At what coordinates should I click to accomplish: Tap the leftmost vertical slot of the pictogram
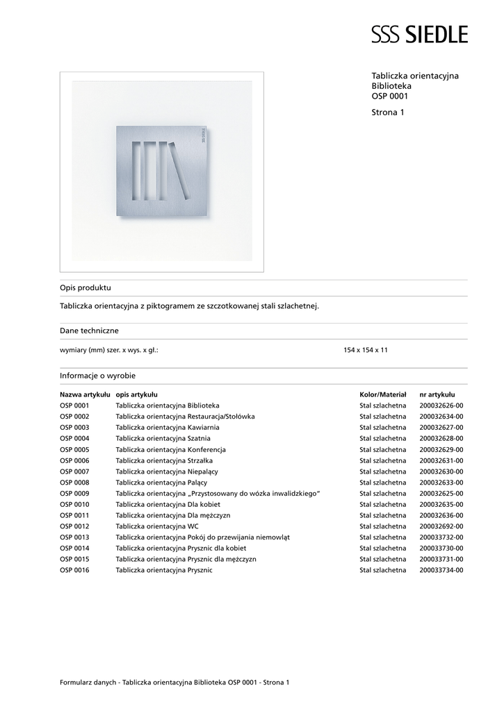tap(137, 170)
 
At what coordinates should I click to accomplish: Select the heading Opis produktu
tap(86, 287)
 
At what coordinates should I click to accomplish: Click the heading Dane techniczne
tap(89, 331)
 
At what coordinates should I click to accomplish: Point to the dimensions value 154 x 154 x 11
tap(366, 350)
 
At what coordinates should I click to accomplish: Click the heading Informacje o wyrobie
tap(97, 375)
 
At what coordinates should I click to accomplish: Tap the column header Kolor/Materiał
tap(382, 394)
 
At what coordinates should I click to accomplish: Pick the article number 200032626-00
tap(441, 405)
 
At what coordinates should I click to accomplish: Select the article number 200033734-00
tap(441, 570)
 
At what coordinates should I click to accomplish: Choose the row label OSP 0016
tap(74, 570)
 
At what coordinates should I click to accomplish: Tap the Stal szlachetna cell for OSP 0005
tap(382, 449)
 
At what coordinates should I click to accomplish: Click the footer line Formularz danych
tap(174, 683)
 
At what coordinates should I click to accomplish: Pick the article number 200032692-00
tap(441, 526)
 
